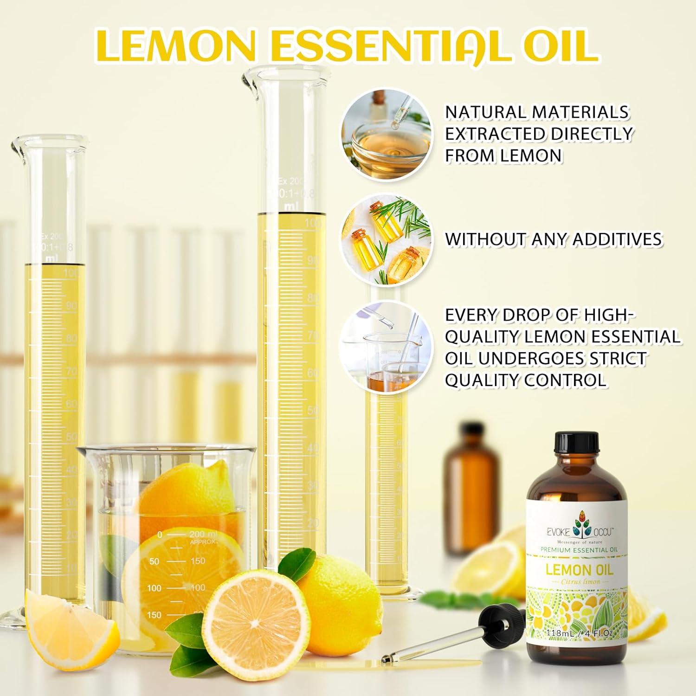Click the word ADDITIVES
pos(617,239)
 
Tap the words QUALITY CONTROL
pos(526,380)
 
